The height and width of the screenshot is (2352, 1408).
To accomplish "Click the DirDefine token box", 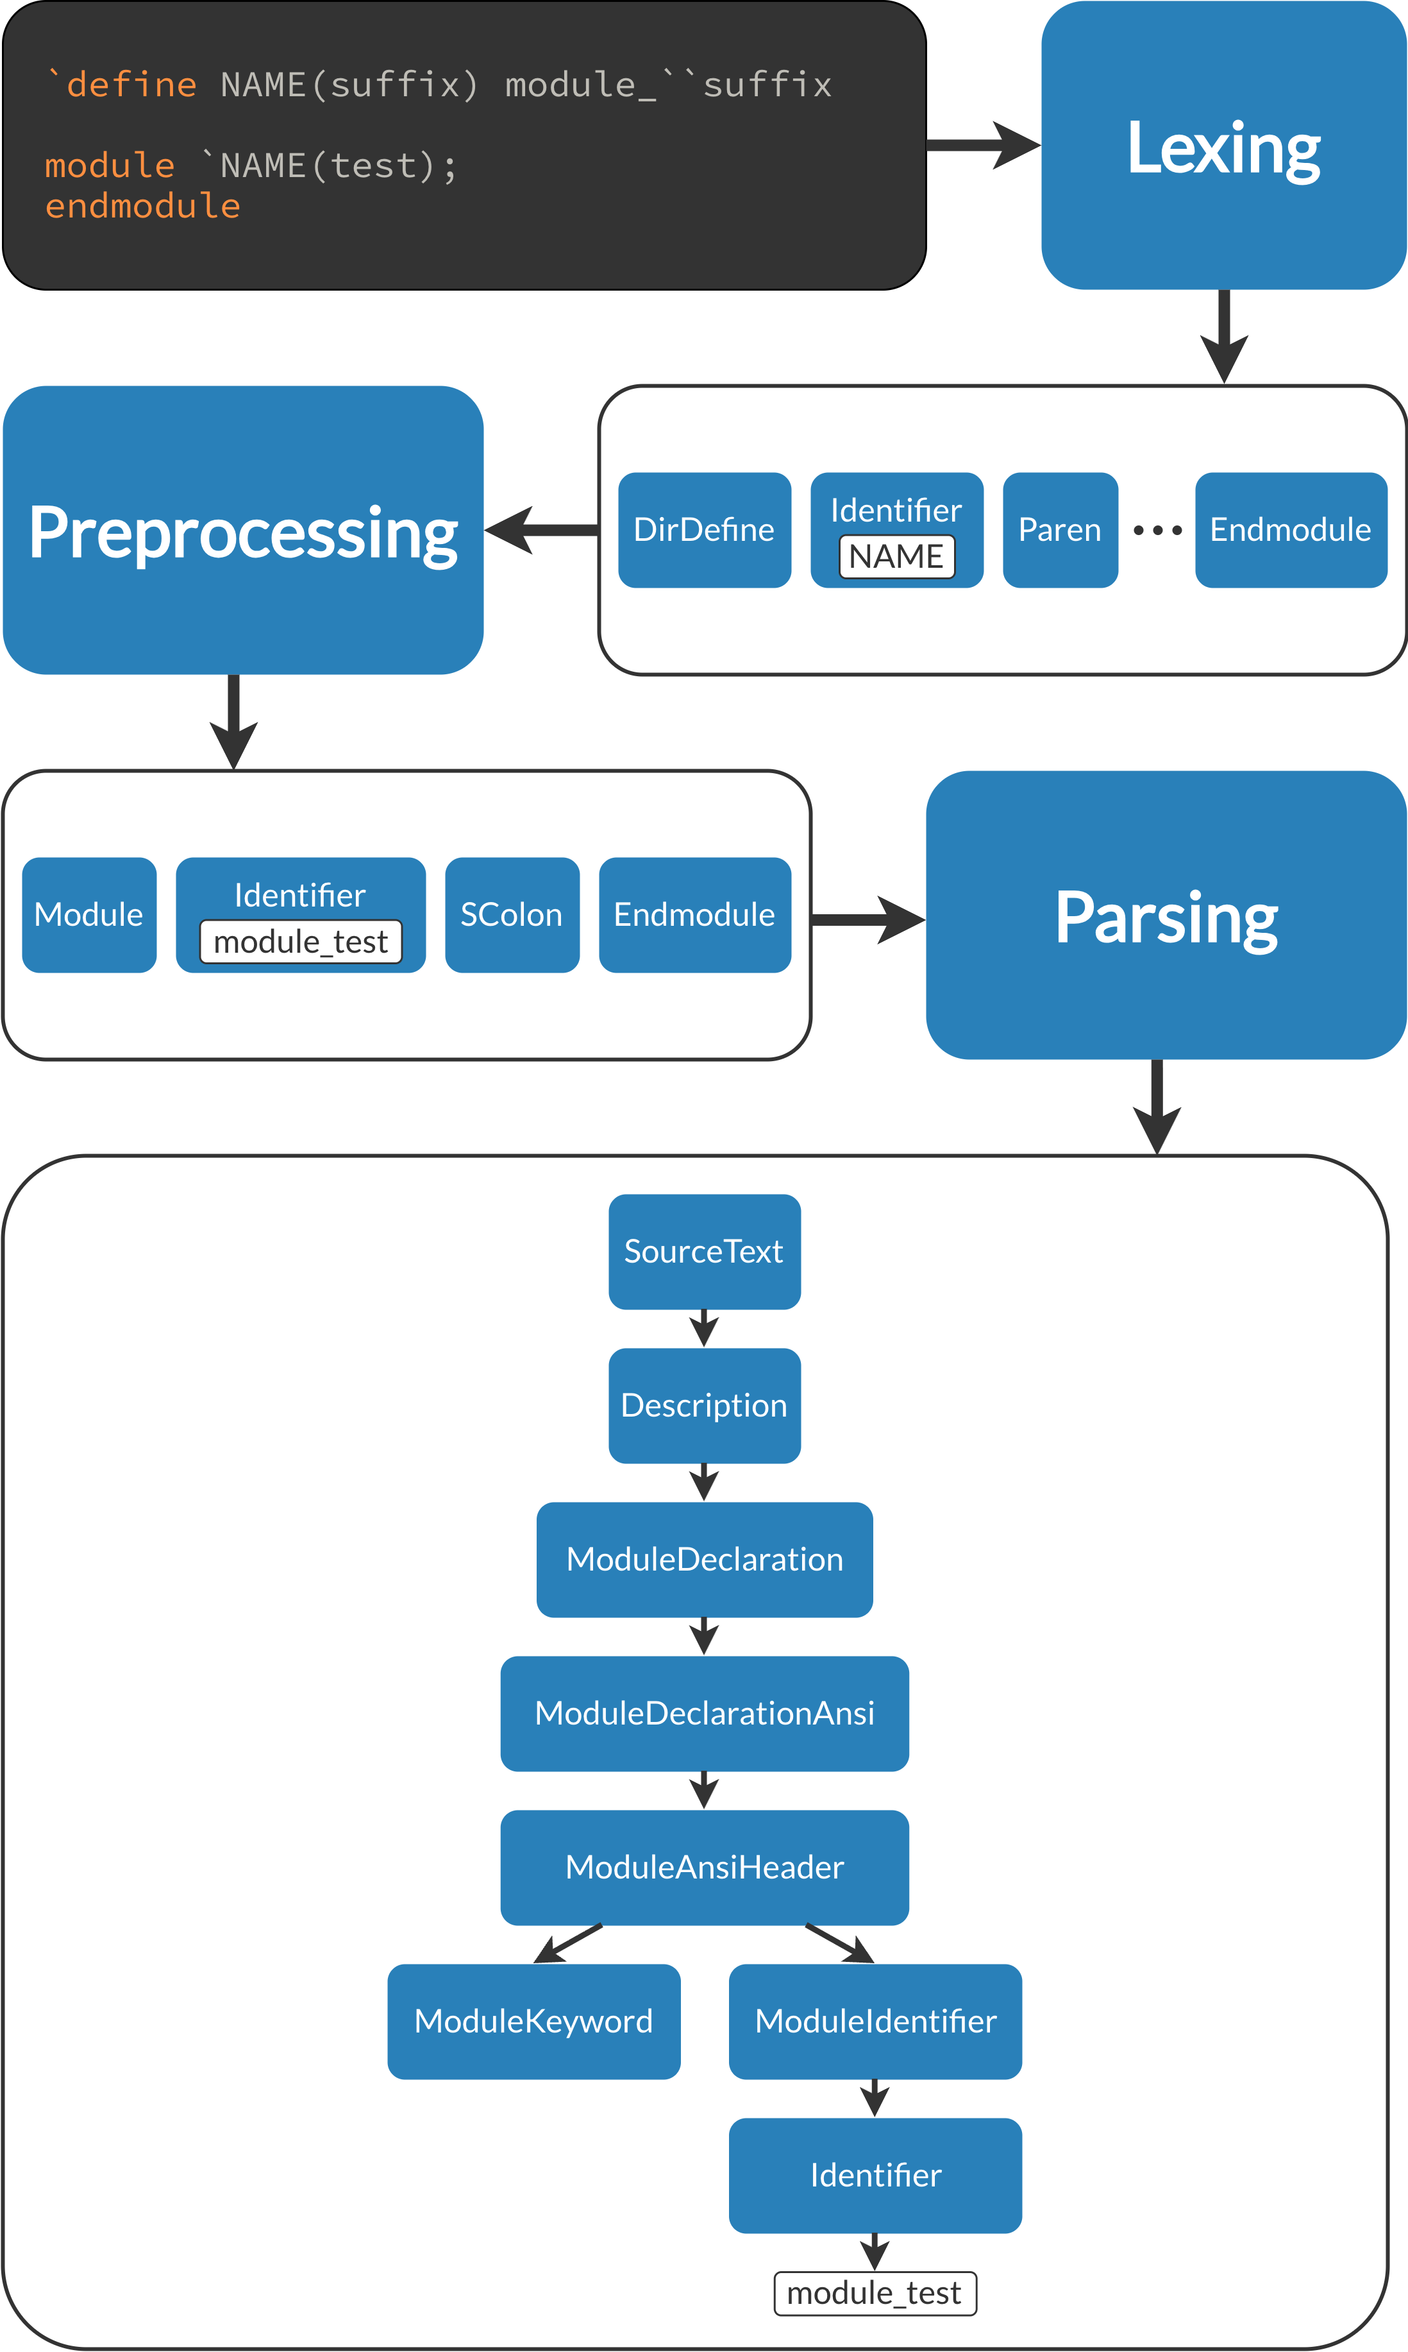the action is pos(704,530).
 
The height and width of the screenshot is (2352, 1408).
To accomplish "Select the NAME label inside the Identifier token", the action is pos(896,556).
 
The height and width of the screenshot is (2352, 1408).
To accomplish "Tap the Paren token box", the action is pos(1060,530).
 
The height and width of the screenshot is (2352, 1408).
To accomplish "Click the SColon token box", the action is pos(512,915).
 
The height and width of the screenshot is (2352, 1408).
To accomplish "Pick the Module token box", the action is pos(89,915).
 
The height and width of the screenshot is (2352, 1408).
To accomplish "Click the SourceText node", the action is pos(704,1252).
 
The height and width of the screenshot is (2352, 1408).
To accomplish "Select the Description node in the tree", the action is pos(704,1406).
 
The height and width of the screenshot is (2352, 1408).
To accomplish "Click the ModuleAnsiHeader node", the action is pos(704,1868).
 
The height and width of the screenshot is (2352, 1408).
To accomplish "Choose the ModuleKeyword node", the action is pos(533,2022).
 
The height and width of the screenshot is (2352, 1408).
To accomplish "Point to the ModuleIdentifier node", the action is pos(875,2022).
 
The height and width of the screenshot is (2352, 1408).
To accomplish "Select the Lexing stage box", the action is pos(1223,145).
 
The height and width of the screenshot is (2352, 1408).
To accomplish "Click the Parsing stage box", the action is pos(1166,915).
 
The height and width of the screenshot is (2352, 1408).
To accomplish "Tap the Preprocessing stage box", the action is pos(243,530).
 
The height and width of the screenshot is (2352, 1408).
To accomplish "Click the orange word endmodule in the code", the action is pos(142,206).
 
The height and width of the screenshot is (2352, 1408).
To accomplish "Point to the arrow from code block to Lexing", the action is pos(983,145).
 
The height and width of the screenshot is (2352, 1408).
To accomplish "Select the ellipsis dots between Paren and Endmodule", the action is pos(1157,531).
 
